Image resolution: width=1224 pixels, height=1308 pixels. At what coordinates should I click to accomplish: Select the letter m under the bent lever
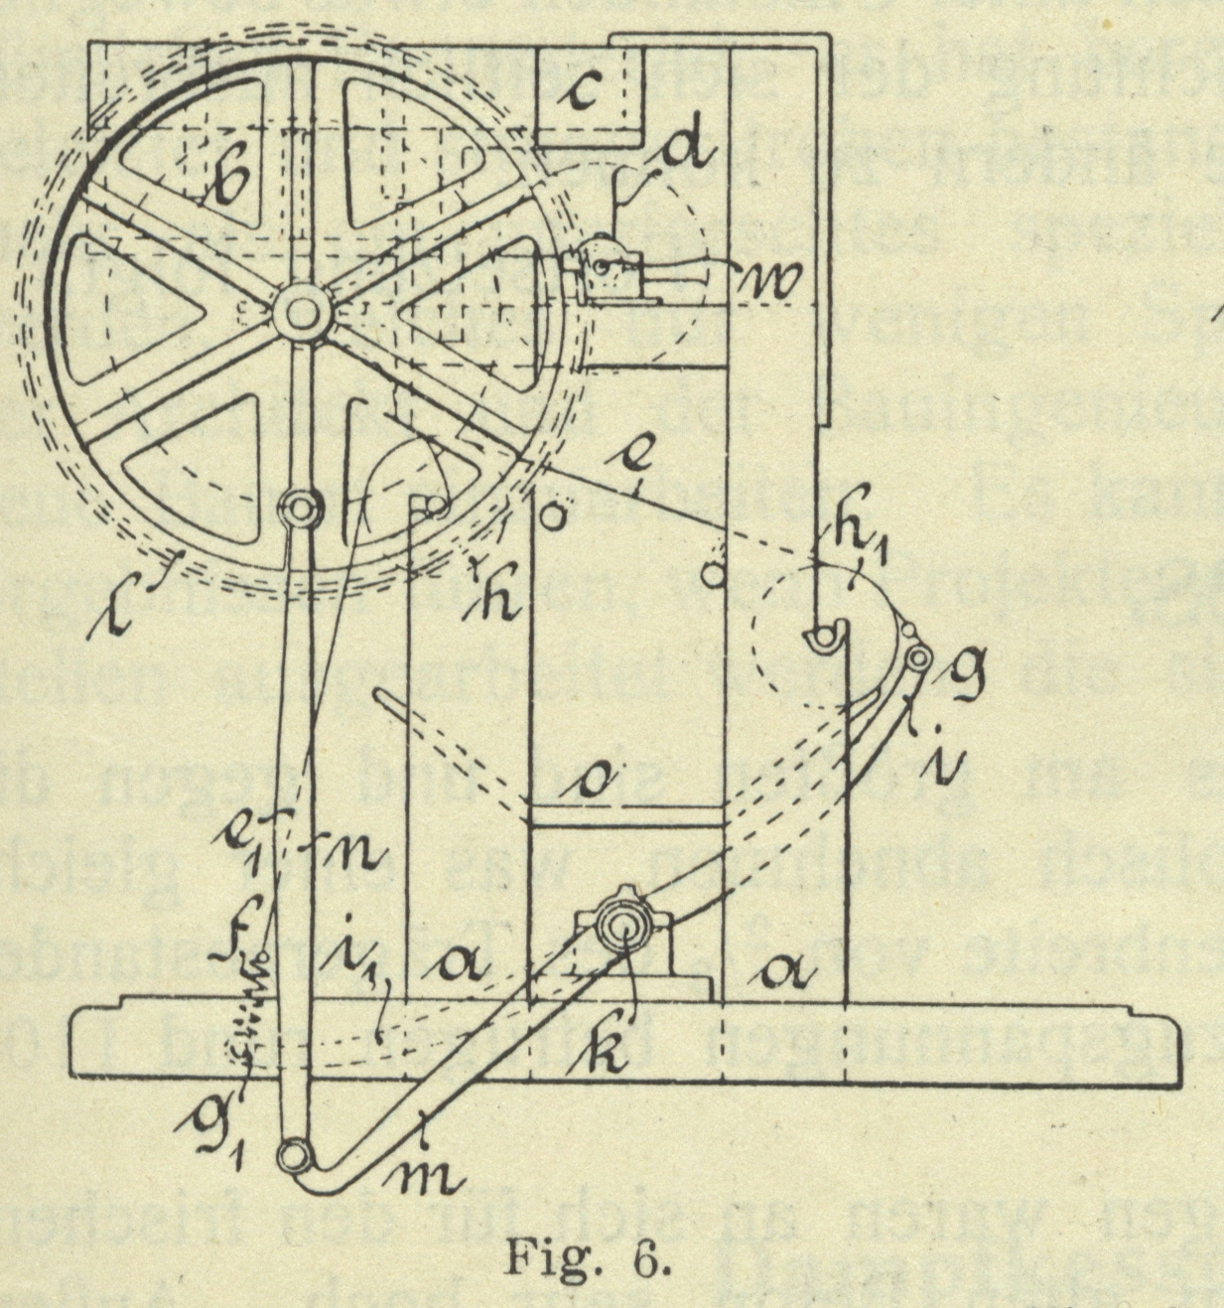(429, 1176)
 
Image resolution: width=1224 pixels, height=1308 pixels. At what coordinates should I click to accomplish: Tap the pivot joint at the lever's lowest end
(295, 1155)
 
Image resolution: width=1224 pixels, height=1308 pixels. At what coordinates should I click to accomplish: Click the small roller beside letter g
(918, 656)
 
